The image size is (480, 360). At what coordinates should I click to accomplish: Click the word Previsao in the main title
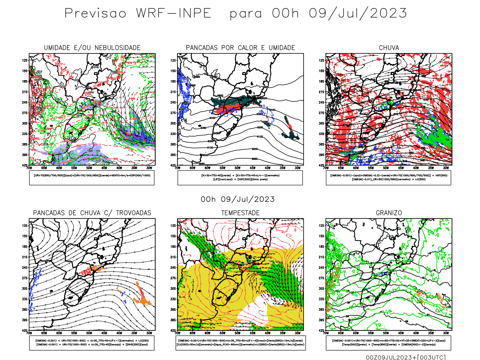(x=95, y=13)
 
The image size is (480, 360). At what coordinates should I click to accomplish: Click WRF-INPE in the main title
(x=173, y=13)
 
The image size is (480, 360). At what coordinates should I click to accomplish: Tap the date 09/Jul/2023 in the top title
(x=358, y=13)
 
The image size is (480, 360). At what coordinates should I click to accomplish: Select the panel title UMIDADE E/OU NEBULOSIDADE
(x=92, y=48)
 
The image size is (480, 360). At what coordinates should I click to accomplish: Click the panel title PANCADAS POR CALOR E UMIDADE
(x=240, y=48)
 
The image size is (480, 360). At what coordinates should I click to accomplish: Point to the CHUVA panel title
(x=389, y=48)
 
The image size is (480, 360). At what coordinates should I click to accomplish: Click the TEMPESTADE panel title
(x=240, y=213)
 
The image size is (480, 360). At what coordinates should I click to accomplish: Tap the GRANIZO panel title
(x=389, y=213)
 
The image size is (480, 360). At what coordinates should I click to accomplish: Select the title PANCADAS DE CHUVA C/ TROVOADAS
(x=92, y=213)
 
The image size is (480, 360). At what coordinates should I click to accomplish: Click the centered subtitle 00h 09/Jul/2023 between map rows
(x=238, y=199)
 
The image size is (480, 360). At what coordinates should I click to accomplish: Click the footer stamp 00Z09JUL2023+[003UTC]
(x=406, y=357)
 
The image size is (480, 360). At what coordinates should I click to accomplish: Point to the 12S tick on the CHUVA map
(x=322, y=61)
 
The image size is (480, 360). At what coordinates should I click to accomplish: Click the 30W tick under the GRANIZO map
(x=446, y=333)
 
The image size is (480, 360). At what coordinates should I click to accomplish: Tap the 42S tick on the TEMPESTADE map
(x=173, y=331)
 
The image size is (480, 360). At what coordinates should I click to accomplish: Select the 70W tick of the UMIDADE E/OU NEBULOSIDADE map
(x=29, y=168)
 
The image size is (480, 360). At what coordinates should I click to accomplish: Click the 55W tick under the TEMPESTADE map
(x=222, y=333)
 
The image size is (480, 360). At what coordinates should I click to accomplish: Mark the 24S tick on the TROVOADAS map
(x=25, y=268)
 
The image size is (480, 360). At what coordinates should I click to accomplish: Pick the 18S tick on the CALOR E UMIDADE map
(x=173, y=82)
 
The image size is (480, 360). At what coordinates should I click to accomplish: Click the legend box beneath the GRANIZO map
(x=388, y=343)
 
